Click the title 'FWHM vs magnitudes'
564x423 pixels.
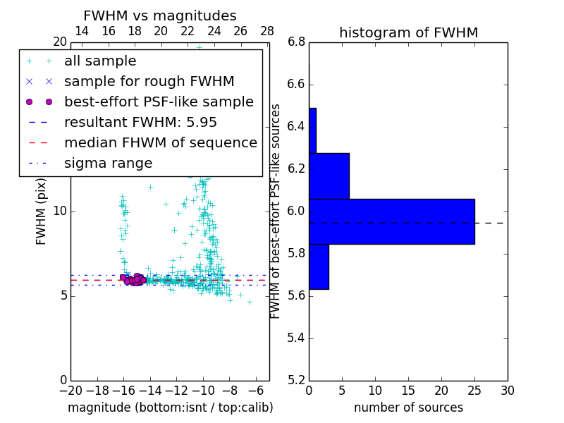click(x=160, y=16)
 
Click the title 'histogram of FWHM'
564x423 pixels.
click(x=408, y=32)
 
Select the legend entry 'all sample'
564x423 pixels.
click(x=100, y=61)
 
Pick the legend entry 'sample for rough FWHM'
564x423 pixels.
click(x=149, y=81)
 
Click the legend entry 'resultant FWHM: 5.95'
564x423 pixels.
click(x=140, y=122)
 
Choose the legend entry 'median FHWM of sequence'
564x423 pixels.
click(x=160, y=142)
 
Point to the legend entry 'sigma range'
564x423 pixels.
click(x=108, y=163)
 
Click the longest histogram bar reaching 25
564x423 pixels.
click(x=391, y=221)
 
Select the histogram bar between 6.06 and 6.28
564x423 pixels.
click(x=329, y=176)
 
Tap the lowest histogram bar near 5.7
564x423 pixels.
click(x=319, y=266)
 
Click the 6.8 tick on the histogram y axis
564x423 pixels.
click(x=296, y=42)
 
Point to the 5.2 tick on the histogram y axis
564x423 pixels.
click(x=296, y=380)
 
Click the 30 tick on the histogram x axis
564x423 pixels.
click(x=507, y=391)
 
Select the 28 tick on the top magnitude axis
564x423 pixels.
click(x=267, y=31)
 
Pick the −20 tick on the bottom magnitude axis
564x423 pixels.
click(x=70, y=391)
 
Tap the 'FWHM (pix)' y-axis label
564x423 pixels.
click(x=42, y=211)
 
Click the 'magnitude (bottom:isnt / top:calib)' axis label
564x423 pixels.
click(x=170, y=407)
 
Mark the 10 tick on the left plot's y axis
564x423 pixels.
click(x=60, y=211)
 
